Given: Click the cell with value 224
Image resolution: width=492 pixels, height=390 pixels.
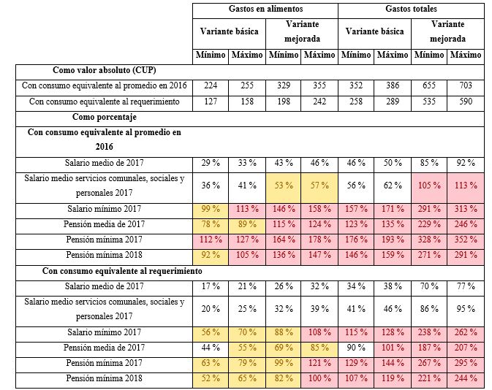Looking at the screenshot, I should pos(211,85).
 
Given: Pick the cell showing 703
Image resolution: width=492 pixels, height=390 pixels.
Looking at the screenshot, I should pos(466,85).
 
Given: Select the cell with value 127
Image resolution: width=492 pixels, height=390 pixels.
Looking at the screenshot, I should pos(211,102).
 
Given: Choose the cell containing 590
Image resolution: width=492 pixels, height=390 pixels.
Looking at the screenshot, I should pos(466,102).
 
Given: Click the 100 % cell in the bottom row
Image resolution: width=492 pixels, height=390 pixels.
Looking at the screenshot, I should pos(319,379).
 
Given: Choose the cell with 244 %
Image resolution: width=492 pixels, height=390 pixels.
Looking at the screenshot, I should pos(466,379).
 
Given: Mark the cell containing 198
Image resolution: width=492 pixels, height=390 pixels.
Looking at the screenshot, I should pos(283,102).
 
